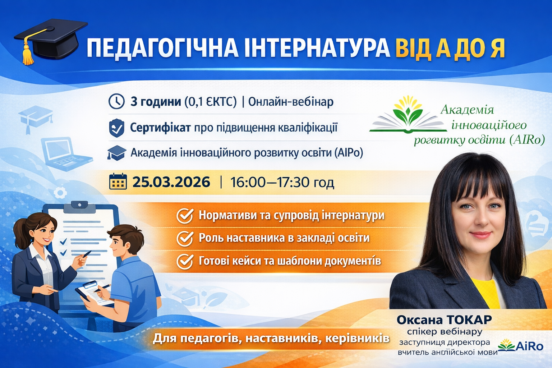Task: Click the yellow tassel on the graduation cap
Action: [28, 54]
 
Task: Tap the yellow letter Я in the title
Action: [497, 48]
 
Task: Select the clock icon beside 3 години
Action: [116, 102]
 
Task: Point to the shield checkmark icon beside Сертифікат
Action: [116, 128]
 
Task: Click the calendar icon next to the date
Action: [118, 182]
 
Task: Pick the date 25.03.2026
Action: [171, 182]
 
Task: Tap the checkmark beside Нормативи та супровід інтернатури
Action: [185, 216]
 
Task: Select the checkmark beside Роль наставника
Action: [185, 239]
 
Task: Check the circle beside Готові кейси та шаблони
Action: [185, 262]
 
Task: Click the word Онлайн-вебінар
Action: [291, 102]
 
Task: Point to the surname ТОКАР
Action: [469, 319]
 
